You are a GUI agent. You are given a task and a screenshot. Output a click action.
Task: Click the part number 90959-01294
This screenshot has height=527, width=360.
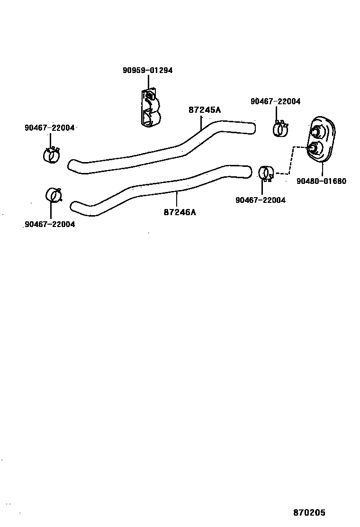(x=147, y=70)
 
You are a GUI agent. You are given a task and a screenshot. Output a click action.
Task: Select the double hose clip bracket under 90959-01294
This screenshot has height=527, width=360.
(x=151, y=109)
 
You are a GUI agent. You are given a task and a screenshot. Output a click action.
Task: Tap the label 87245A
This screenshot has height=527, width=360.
(x=205, y=110)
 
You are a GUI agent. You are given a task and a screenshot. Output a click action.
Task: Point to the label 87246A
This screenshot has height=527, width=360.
(x=180, y=212)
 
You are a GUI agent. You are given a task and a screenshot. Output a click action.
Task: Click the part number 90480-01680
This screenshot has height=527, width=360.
(x=322, y=181)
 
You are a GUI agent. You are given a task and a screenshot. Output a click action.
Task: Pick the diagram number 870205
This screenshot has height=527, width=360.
(x=309, y=513)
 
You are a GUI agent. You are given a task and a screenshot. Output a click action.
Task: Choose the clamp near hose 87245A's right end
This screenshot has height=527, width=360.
(x=280, y=128)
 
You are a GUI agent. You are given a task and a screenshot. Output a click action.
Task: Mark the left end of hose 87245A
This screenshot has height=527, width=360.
(x=72, y=165)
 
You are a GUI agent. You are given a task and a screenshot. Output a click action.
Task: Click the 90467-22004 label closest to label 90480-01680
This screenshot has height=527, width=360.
(x=260, y=200)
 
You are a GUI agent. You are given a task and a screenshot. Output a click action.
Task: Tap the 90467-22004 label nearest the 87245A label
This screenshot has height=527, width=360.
(x=275, y=101)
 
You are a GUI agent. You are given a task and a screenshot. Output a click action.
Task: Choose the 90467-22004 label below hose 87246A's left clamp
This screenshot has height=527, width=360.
(x=49, y=225)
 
